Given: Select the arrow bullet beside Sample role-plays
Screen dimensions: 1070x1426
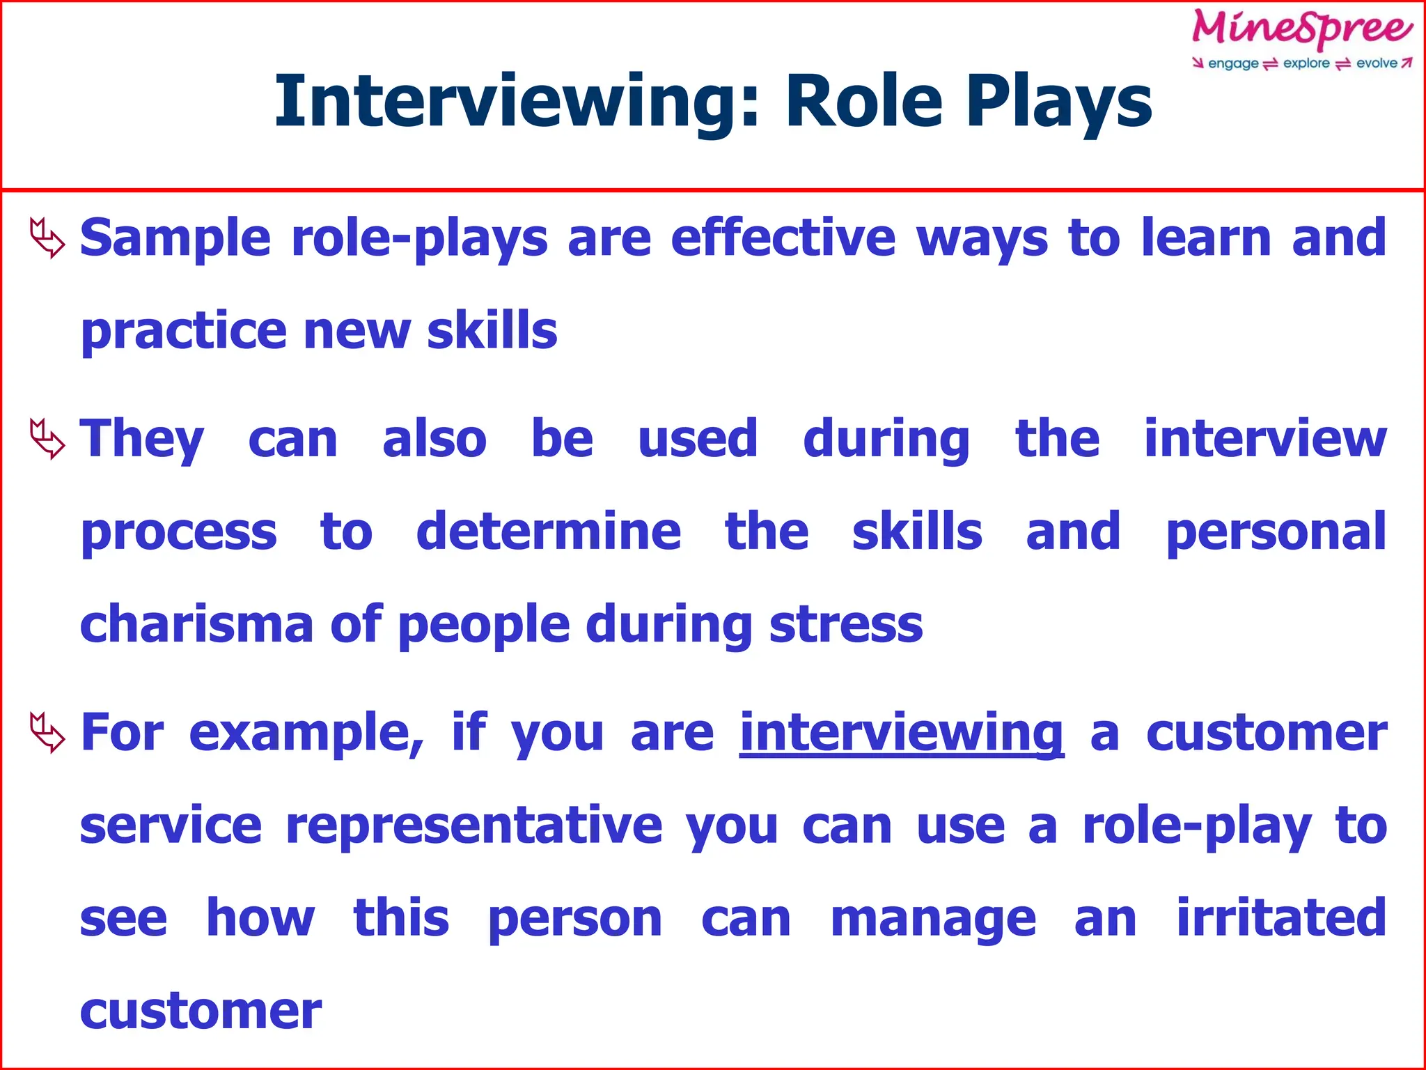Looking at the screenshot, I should (47, 238).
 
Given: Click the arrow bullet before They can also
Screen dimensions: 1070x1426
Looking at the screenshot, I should (47, 439).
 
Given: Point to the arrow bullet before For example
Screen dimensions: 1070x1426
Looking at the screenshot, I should (47, 732).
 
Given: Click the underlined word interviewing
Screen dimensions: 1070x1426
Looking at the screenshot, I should (902, 734).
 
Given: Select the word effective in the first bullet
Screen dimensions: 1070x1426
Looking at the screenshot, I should (783, 238).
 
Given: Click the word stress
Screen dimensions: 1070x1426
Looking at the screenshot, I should (846, 625).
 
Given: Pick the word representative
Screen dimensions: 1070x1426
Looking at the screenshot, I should (474, 826).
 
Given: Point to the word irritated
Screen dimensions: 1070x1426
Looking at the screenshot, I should (1281, 918).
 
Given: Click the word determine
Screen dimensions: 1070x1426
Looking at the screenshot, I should (549, 532).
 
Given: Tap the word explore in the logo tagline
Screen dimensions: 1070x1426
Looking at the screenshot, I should (1306, 63).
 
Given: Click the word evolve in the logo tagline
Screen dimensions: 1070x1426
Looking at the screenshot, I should (1377, 63).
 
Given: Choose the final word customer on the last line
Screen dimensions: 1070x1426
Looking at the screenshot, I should (201, 1011).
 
